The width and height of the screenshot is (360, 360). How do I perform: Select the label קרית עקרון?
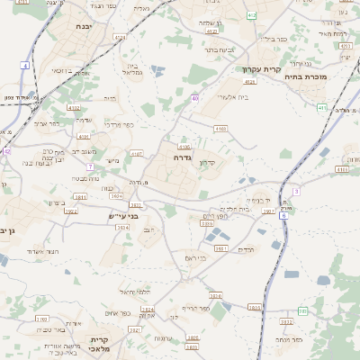(261, 69)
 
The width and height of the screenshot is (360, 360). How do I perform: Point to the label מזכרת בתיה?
(329, 78)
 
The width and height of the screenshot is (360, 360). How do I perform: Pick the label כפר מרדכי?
(113, 124)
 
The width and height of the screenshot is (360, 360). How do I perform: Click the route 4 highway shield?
(26, 65)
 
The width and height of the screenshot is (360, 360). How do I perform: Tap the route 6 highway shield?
(283, 216)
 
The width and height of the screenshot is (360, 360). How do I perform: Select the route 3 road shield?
(295, 191)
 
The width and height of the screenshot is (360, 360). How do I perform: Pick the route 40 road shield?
(194, 98)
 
